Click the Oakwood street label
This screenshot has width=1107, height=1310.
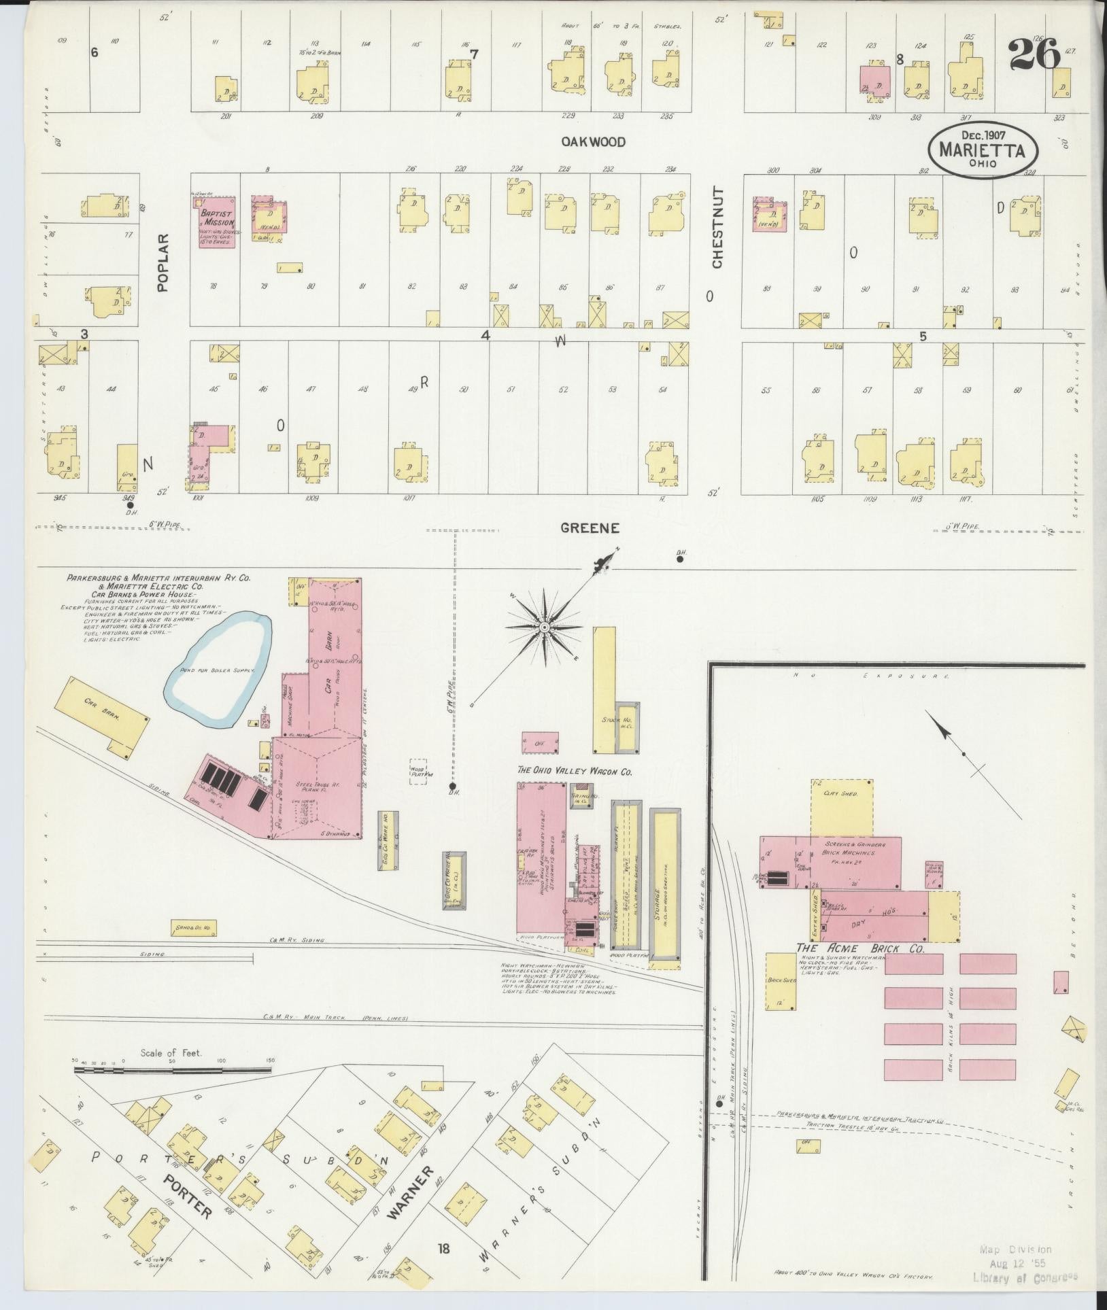click(594, 142)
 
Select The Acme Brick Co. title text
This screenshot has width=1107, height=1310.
click(860, 948)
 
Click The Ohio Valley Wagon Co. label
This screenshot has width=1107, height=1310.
click(575, 772)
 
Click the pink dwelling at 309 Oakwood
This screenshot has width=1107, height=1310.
click(876, 82)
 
